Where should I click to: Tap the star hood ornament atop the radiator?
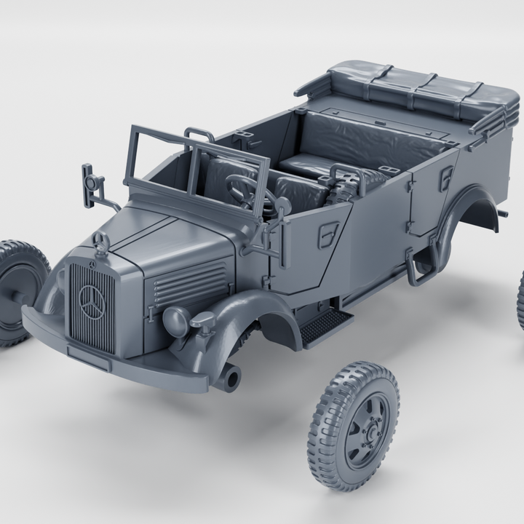pyautogui.click(x=100, y=243)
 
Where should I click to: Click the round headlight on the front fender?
pyautogui.click(x=176, y=318)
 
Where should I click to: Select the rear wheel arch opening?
pyautogui.click(x=473, y=218)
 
